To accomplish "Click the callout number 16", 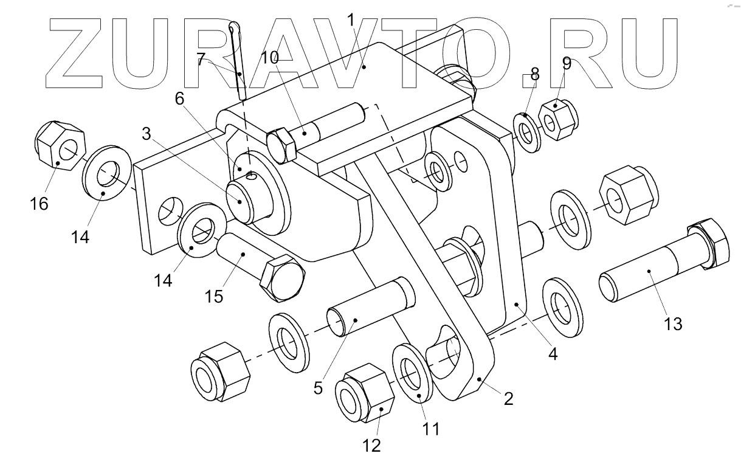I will (39, 204).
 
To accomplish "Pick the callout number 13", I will (674, 325).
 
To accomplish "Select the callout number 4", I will (553, 353).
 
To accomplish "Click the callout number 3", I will (146, 135).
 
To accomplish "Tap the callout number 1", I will (351, 20).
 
